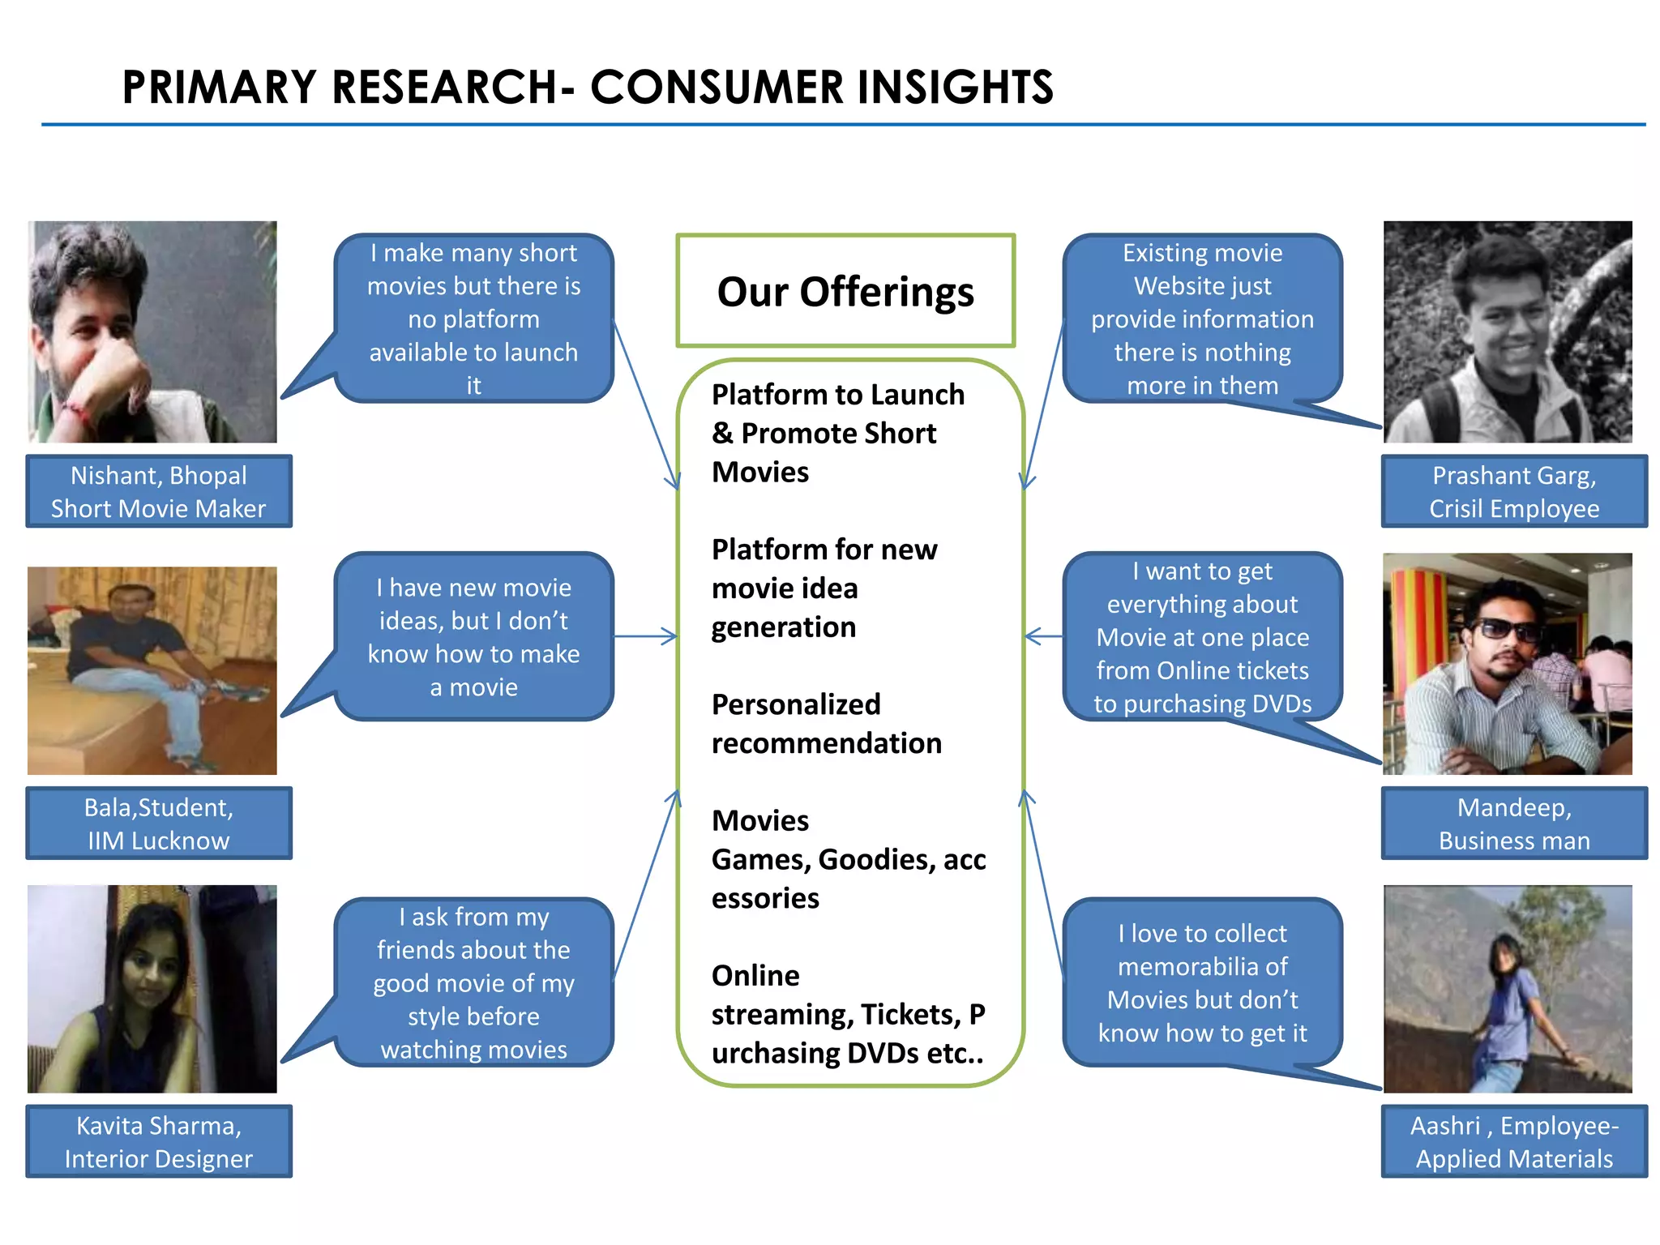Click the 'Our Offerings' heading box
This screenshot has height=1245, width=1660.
pos(845,291)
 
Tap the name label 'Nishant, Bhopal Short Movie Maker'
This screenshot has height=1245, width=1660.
pos(159,491)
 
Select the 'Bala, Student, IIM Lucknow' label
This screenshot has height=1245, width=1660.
pos(159,823)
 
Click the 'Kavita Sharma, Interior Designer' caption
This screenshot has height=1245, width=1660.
pos(159,1141)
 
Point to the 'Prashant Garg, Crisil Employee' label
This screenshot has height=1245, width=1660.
pos(1514,491)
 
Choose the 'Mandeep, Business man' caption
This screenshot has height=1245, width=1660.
pos(1514,823)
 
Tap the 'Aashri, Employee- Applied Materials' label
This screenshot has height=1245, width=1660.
pos(1514,1141)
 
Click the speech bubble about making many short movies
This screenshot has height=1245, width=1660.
pos(474,319)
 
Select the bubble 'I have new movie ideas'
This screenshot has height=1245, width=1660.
pos(474,637)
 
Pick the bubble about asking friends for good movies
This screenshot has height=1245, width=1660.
pos(474,982)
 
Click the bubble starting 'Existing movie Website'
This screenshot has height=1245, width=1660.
pos(1202,319)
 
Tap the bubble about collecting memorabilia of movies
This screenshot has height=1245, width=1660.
pos(1202,982)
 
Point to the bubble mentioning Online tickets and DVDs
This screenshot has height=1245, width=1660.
pos(1202,637)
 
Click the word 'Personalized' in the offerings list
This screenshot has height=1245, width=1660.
pos(795,704)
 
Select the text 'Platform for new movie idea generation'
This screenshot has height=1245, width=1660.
pos(824,588)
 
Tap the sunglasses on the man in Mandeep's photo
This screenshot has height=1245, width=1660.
pos(1505,630)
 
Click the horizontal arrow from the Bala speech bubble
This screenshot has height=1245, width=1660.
pos(645,636)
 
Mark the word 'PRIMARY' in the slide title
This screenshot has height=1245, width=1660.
pos(220,88)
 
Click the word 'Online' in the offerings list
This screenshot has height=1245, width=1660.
pos(755,975)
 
